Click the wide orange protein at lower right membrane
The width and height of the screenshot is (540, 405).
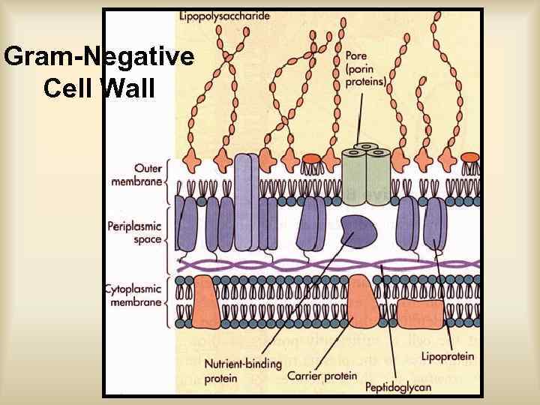(421, 312)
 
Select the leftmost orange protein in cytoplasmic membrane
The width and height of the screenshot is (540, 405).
(205, 303)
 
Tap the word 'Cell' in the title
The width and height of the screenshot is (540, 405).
(68, 88)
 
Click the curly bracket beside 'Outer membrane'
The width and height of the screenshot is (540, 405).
(168, 174)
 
